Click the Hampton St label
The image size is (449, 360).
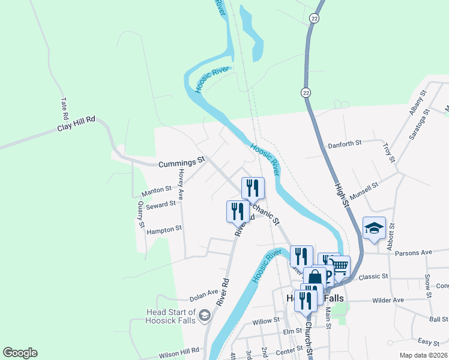click(x=164, y=230)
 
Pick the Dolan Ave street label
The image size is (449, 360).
click(x=203, y=293)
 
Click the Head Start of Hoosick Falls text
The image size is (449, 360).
click(x=171, y=316)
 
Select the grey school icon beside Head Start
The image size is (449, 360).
click(x=205, y=316)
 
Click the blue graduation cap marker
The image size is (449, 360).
click(x=373, y=228)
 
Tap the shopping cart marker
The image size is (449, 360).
click(x=340, y=266)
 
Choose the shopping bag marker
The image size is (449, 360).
click(x=315, y=277)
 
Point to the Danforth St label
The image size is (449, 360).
click(x=345, y=144)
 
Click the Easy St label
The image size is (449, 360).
click(x=428, y=342)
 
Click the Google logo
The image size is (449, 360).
click(x=20, y=353)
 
